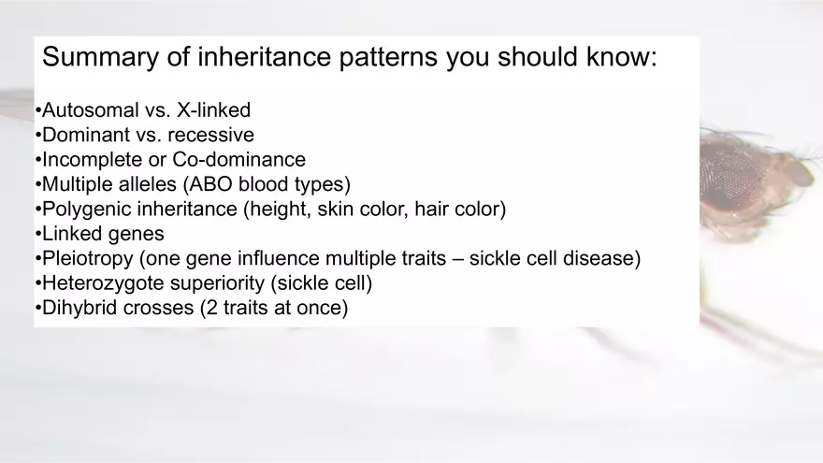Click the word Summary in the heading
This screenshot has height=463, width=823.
coord(100,58)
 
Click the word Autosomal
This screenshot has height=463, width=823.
coord(91,110)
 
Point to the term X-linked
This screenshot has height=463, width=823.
coord(213,110)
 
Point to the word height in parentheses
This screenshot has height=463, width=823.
coord(276,210)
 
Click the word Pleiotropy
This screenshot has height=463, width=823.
coord(88,259)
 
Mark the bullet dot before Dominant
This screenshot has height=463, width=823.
coord(37,136)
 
